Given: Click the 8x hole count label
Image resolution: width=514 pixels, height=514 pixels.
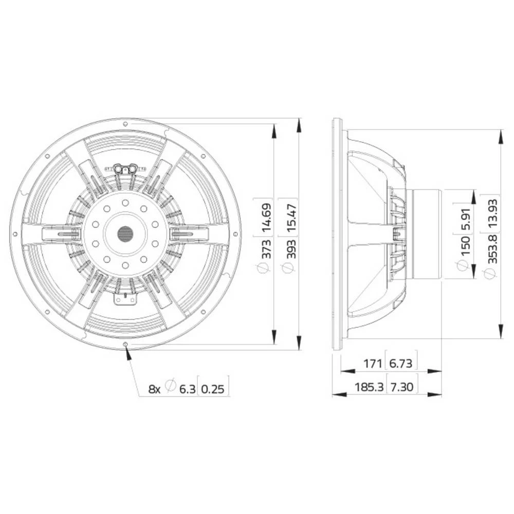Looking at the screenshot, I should pyautogui.click(x=154, y=389).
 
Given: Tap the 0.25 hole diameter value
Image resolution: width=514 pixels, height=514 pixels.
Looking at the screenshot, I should pyautogui.click(x=213, y=389).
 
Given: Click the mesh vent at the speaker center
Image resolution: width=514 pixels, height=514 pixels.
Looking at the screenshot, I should pyautogui.click(x=125, y=234).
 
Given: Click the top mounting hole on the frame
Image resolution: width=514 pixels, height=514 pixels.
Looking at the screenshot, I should pyautogui.click(x=125, y=123).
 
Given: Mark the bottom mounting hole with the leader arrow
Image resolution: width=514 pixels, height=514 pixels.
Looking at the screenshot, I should pyautogui.click(x=125, y=344).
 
